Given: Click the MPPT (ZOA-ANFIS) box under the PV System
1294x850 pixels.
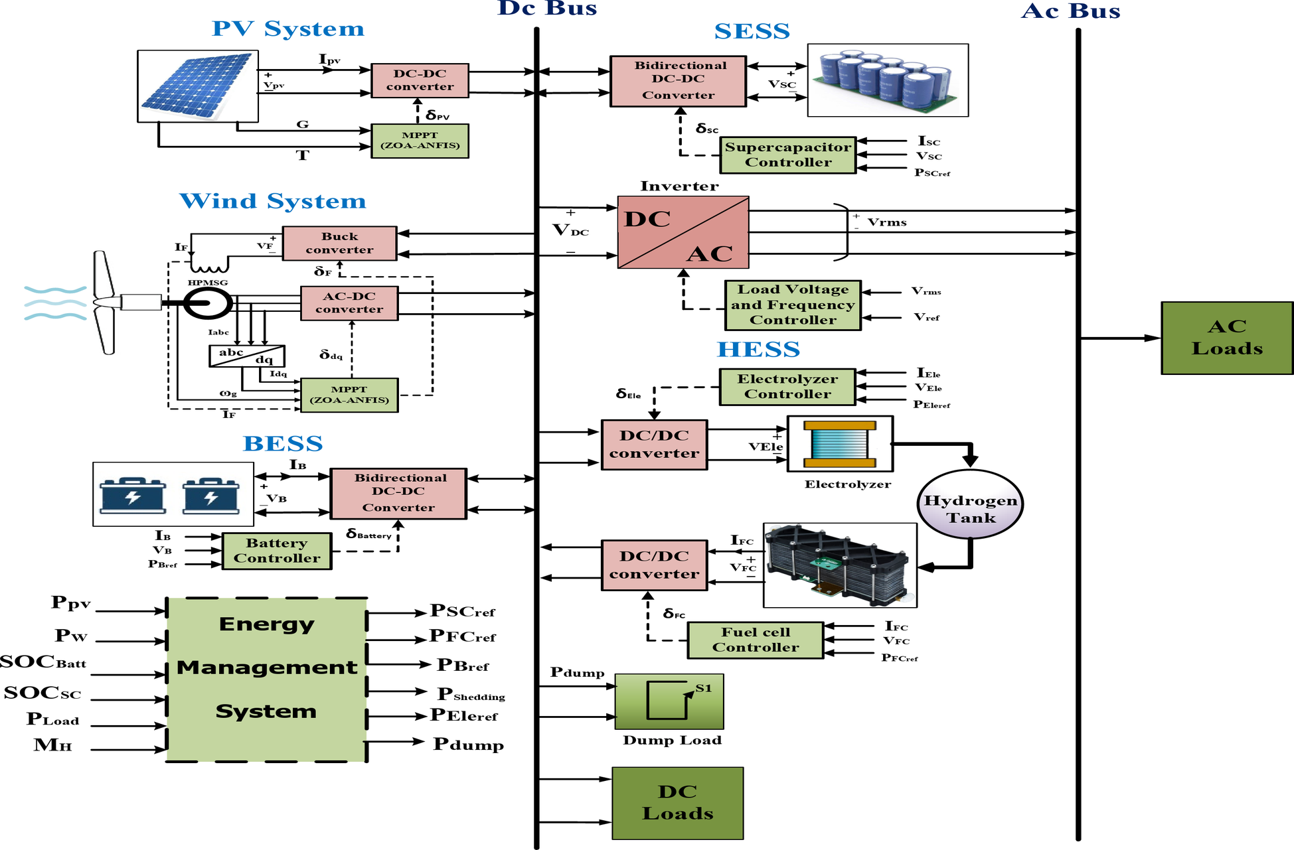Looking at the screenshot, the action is click(420, 141).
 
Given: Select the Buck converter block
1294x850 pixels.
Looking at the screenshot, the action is click(339, 243).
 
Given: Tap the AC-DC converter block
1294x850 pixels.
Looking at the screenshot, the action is click(349, 303).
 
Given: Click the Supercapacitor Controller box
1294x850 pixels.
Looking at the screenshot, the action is click(788, 155).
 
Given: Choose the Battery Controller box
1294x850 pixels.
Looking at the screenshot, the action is click(277, 551).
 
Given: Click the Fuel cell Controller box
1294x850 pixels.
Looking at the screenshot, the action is click(756, 640).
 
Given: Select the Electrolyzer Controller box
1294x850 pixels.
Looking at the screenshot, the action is click(787, 387).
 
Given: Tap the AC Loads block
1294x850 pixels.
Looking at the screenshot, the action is click(1227, 338).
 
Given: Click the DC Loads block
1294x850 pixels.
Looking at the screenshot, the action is click(677, 803).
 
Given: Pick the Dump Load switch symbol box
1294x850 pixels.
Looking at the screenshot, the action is click(669, 701).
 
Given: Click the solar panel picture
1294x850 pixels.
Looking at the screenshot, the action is click(197, 86).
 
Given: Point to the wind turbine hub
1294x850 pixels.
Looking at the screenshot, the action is click(103, 303).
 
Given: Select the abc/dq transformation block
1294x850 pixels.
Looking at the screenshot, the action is click(247, 356).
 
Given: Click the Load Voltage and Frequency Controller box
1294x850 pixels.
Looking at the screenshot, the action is click(793, 305).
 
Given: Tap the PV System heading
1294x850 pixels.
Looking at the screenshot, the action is click(288, 29).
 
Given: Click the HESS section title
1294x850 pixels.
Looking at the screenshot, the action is click(758, 349).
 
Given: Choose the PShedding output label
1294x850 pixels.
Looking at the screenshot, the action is click(471, 694).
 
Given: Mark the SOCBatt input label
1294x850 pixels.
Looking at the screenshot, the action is click(43, 662).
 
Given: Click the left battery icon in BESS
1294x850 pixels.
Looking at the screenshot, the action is click(133, 495).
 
